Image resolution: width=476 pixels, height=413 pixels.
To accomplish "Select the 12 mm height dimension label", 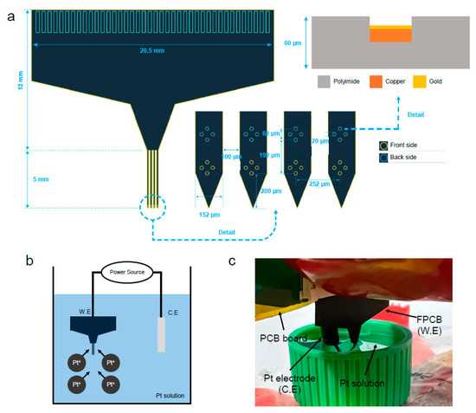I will pos(18,80).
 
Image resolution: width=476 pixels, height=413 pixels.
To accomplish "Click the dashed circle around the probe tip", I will pos(151,208).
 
